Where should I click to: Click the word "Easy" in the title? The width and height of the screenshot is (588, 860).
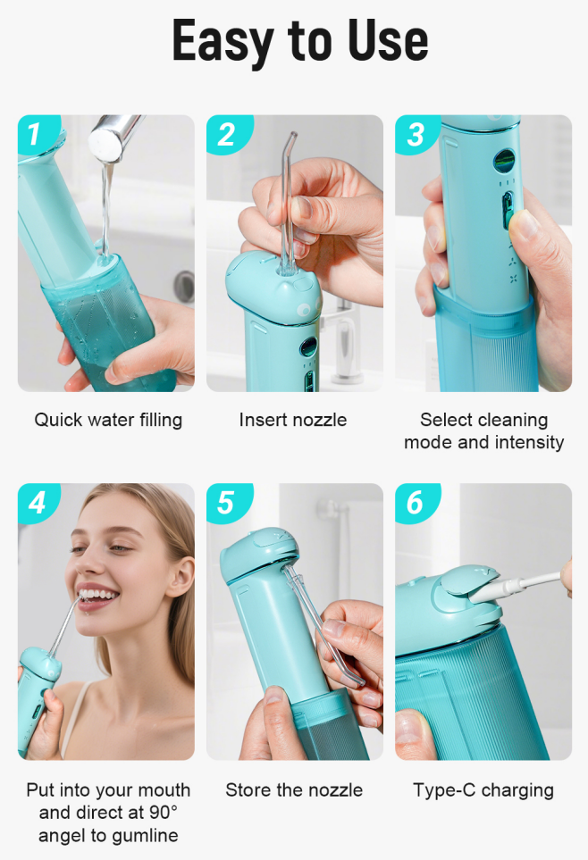[x=223, y=42]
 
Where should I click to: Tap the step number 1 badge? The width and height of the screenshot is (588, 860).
[x=36, y=133]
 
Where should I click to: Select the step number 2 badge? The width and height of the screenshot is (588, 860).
[x=227, y=134]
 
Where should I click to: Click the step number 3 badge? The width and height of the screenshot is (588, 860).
[x=416, y=134]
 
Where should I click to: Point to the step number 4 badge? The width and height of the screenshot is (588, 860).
[x=37, y=503]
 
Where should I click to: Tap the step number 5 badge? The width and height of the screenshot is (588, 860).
[x=227, y=503]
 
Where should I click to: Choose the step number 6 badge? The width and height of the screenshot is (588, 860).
[x=416, y=503]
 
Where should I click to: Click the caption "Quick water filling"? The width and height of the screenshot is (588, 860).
[x=108, y=420]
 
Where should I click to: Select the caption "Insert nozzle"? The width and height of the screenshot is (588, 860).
[x=292, y=420]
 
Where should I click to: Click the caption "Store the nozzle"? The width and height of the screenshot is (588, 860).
[x=294, y=790]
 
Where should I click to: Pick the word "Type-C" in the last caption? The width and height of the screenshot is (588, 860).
[x=444, y=790]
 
